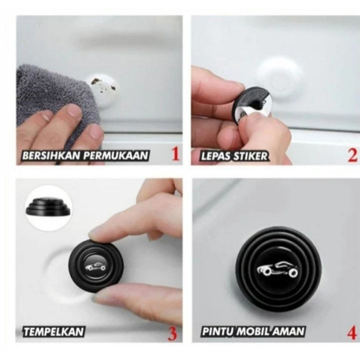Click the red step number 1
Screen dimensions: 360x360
click(x=175, y=154)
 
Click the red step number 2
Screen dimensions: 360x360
click(x=352, y=155)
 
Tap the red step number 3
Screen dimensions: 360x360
click(x=173, y=334)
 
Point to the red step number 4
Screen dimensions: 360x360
click(x=352, y=333)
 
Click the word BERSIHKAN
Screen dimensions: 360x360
click(x=52, y=156)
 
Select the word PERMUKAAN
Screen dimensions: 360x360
click(x=115, y=156)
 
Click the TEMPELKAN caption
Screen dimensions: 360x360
click(x=54, y=332)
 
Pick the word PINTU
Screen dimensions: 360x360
click(x=218, y=332)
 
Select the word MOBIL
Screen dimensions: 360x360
click(x=254, y=332)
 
